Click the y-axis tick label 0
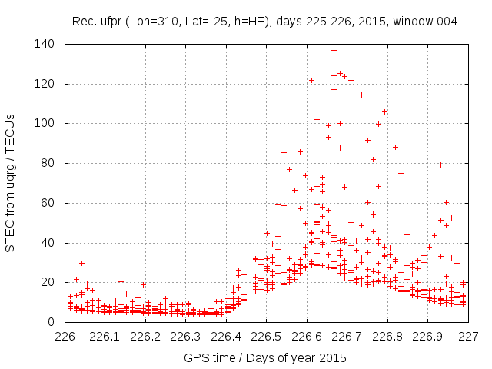[52, 322]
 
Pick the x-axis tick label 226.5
[266, 336]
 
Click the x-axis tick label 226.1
[105, 336]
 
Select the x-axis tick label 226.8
[387, 336]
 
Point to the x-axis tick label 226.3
[186, 336]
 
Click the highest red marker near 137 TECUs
[334, 51]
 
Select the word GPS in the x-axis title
[195, 357]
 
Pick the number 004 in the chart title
[446, 22]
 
